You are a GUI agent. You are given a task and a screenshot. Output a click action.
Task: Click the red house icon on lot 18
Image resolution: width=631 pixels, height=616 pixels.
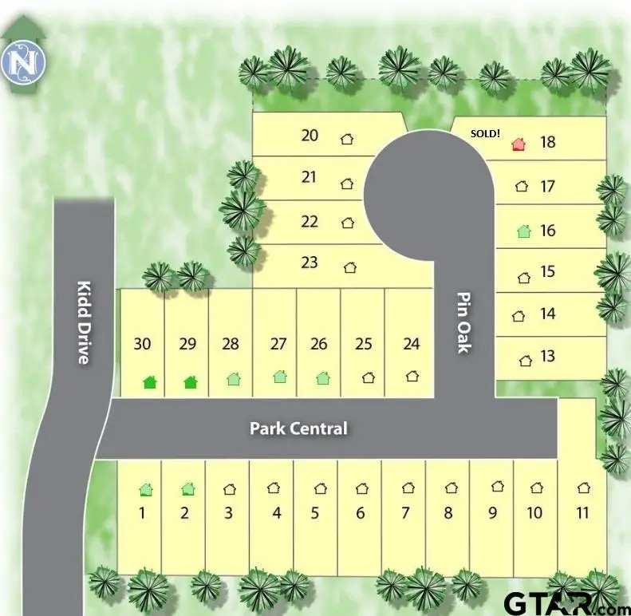click(x=519, y=144)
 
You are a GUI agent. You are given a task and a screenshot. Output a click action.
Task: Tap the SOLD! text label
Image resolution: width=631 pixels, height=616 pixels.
click(x=485, y=133)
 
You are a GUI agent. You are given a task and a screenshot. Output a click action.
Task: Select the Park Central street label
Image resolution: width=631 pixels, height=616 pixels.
click(x=298, y=428)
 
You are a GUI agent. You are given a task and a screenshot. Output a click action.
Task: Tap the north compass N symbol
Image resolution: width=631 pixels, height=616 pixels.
click(x=22, y=64)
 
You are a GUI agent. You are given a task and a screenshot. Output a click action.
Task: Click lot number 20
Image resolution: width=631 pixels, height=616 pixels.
click(x=310, y=135)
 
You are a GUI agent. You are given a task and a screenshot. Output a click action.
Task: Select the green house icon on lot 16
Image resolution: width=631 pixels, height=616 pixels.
click(x=523, y=231)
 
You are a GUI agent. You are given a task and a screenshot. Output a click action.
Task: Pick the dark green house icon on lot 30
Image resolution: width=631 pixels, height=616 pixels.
click(x=149, y=382)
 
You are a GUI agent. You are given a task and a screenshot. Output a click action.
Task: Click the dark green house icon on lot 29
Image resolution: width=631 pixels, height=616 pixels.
click(x=190, y=382)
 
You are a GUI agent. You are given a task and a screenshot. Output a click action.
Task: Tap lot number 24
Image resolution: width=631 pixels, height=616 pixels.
click(x=412, y=344)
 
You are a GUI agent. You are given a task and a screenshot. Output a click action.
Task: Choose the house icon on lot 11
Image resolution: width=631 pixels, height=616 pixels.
click(x=584, y=488)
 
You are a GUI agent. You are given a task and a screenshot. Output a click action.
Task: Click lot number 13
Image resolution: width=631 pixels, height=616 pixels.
click(x=547, y=356)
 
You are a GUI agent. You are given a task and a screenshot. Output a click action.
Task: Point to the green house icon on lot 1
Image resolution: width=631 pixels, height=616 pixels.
click(x=146, y=489)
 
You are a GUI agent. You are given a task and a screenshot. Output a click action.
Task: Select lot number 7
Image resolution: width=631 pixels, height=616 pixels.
click(x=405, y=512)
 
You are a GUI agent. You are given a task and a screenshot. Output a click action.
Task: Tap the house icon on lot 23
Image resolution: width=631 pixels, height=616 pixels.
click(x=349, y=267)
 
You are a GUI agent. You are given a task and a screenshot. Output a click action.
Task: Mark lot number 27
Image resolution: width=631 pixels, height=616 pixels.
click(x=278, y=344)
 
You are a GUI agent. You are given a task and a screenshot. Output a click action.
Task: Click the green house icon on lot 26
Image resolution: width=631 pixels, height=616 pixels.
click(x=322, y=377)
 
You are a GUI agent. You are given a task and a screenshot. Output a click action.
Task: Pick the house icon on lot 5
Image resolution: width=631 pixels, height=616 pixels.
click(x=320, y=488)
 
